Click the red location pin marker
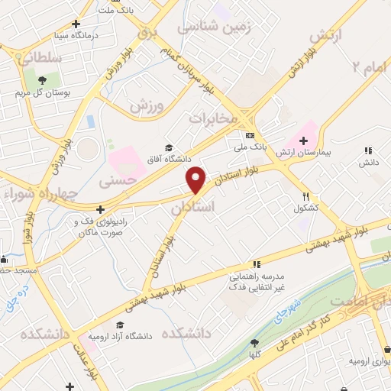coord(196,179)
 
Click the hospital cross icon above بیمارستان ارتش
coord(304,141)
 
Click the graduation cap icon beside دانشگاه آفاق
coord(169,148)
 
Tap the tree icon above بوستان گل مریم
coord(43,79)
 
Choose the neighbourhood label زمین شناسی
coord(215,27)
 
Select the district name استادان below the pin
coord(193,206)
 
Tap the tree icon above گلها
coord(255,343)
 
